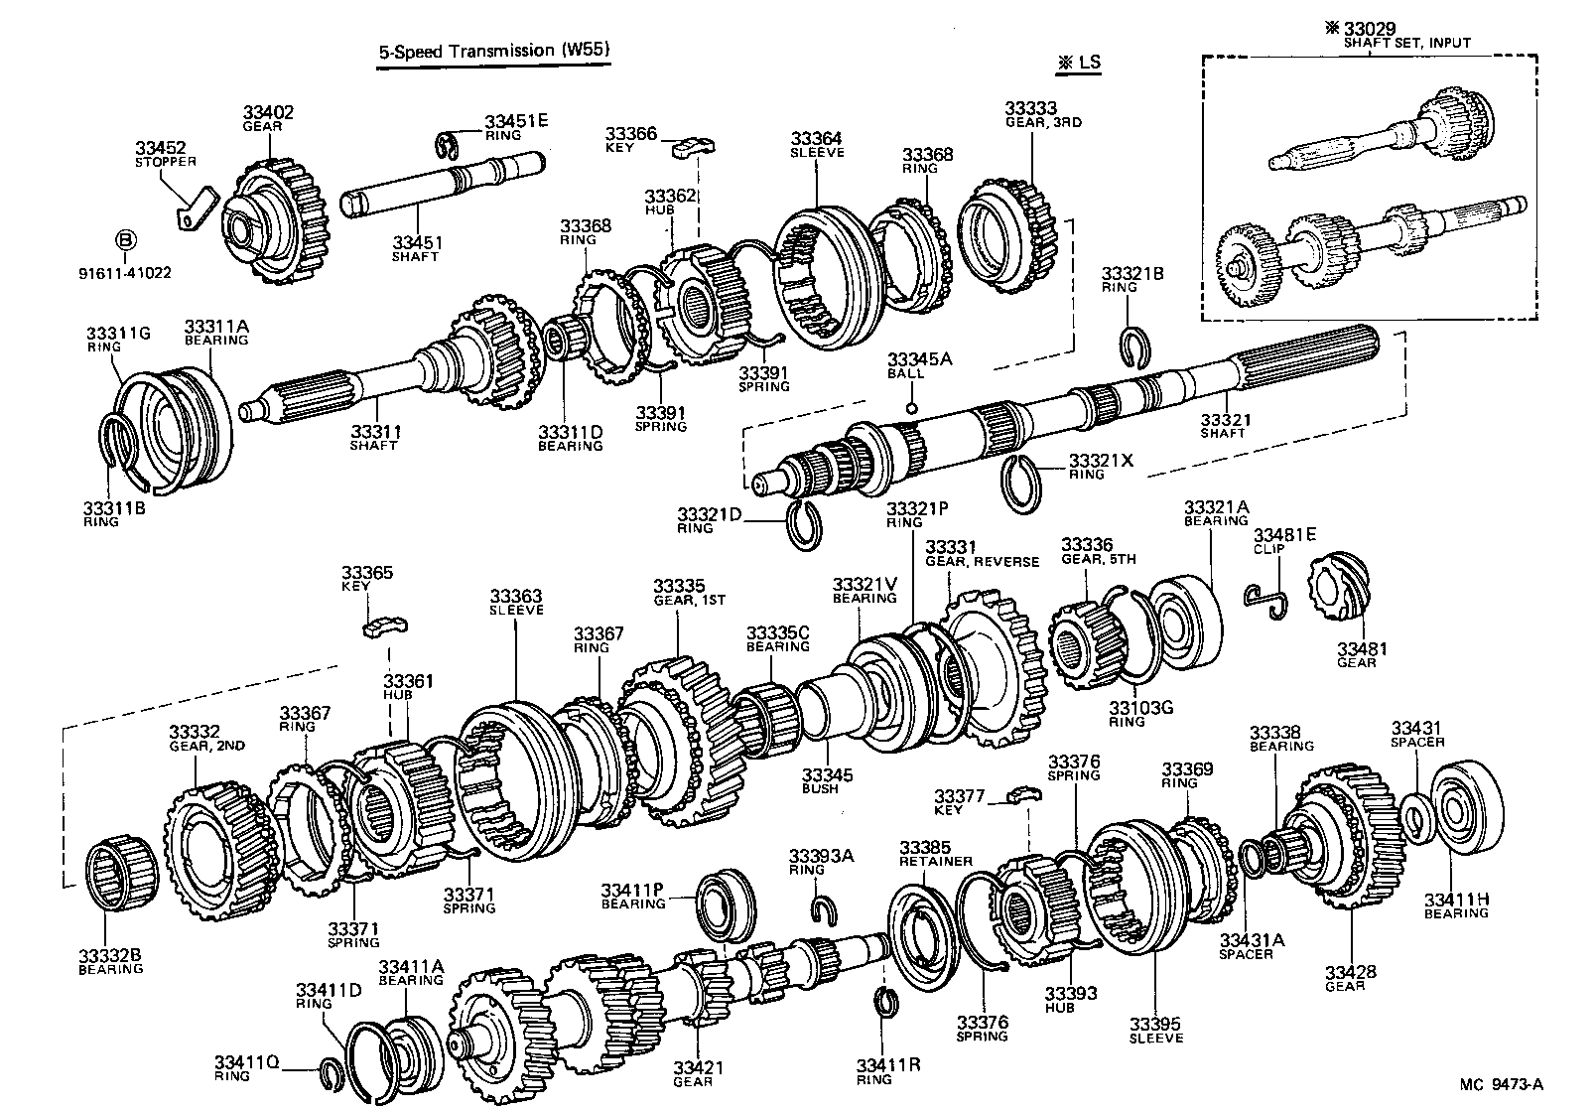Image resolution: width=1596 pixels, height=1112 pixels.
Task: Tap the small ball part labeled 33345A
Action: (912, 407)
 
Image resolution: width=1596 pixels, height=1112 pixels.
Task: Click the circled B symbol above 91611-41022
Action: (125, 239)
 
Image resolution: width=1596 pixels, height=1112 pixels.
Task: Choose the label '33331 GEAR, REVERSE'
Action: (981, 553)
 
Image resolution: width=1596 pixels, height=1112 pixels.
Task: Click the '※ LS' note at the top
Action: (1079, 62)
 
